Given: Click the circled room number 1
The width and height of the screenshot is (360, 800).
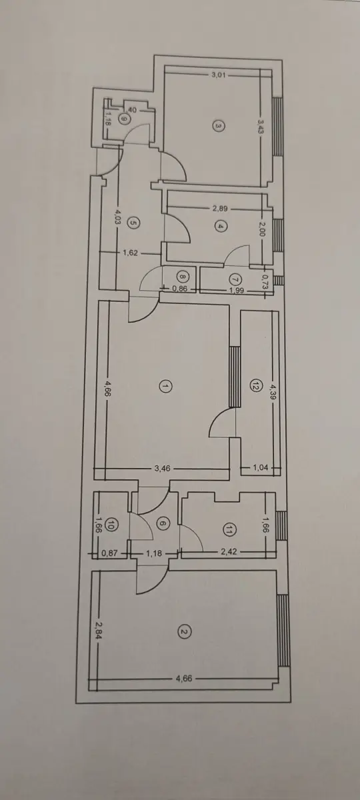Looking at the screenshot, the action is [x=165, y=387].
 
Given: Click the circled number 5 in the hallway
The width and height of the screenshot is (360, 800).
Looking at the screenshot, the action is [x=133, y=223].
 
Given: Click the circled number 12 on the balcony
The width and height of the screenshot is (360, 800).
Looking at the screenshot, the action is [x=255, y=387].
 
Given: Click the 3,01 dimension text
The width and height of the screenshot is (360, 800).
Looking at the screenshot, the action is [x=219, y=75].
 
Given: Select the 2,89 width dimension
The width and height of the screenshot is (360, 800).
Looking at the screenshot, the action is [x=220, y=209].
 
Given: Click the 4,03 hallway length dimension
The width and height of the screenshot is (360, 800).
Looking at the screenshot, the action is [x=118, y=217].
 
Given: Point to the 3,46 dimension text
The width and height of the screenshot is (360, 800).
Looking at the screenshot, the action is [x=163, y=469].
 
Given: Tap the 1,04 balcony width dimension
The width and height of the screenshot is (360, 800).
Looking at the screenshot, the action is [x=261, y=468].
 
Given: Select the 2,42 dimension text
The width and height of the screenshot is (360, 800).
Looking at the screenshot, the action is [x=229, y=551].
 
